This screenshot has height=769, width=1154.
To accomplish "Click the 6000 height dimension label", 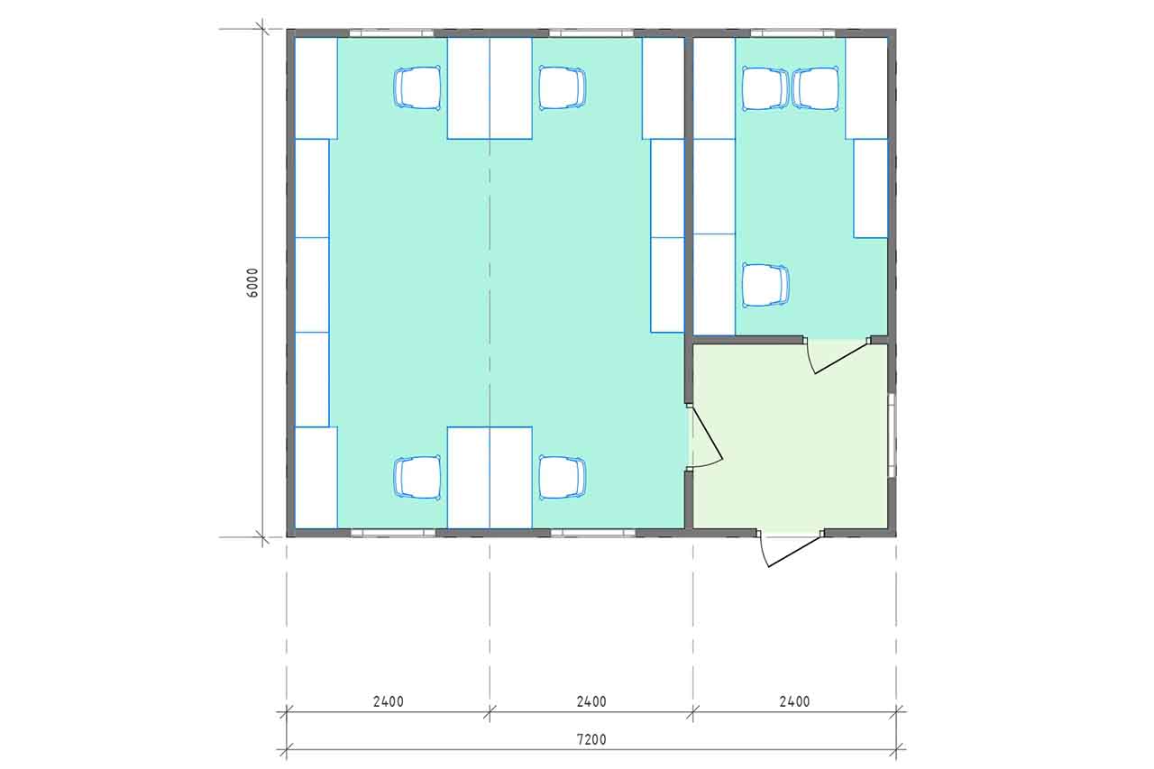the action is coord(252,283).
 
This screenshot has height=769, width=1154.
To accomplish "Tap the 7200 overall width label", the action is coord(591,739).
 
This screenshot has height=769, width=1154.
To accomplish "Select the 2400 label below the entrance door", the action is coord(794,701).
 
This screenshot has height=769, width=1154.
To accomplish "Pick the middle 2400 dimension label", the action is coord(591,701).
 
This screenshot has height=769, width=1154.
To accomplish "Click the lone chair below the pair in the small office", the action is coord(765,286).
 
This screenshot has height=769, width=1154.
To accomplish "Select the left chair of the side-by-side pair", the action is coord(765,88).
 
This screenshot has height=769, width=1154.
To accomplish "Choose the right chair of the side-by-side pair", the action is coord(816,88).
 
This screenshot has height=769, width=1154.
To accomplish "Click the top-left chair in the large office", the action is coord(417,88).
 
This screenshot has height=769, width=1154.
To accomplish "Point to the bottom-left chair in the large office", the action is coord(417,478).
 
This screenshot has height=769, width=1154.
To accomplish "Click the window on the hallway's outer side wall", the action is coord(893,435).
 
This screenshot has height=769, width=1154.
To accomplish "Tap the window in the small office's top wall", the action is coord(792,33).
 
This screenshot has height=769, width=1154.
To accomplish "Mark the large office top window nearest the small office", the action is coord(591,33).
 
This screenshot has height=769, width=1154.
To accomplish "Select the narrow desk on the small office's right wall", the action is coord(871,188).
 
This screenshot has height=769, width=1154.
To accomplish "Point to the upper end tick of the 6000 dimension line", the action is coord(262,29).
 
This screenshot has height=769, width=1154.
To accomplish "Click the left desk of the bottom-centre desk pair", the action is coord(468,478).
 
